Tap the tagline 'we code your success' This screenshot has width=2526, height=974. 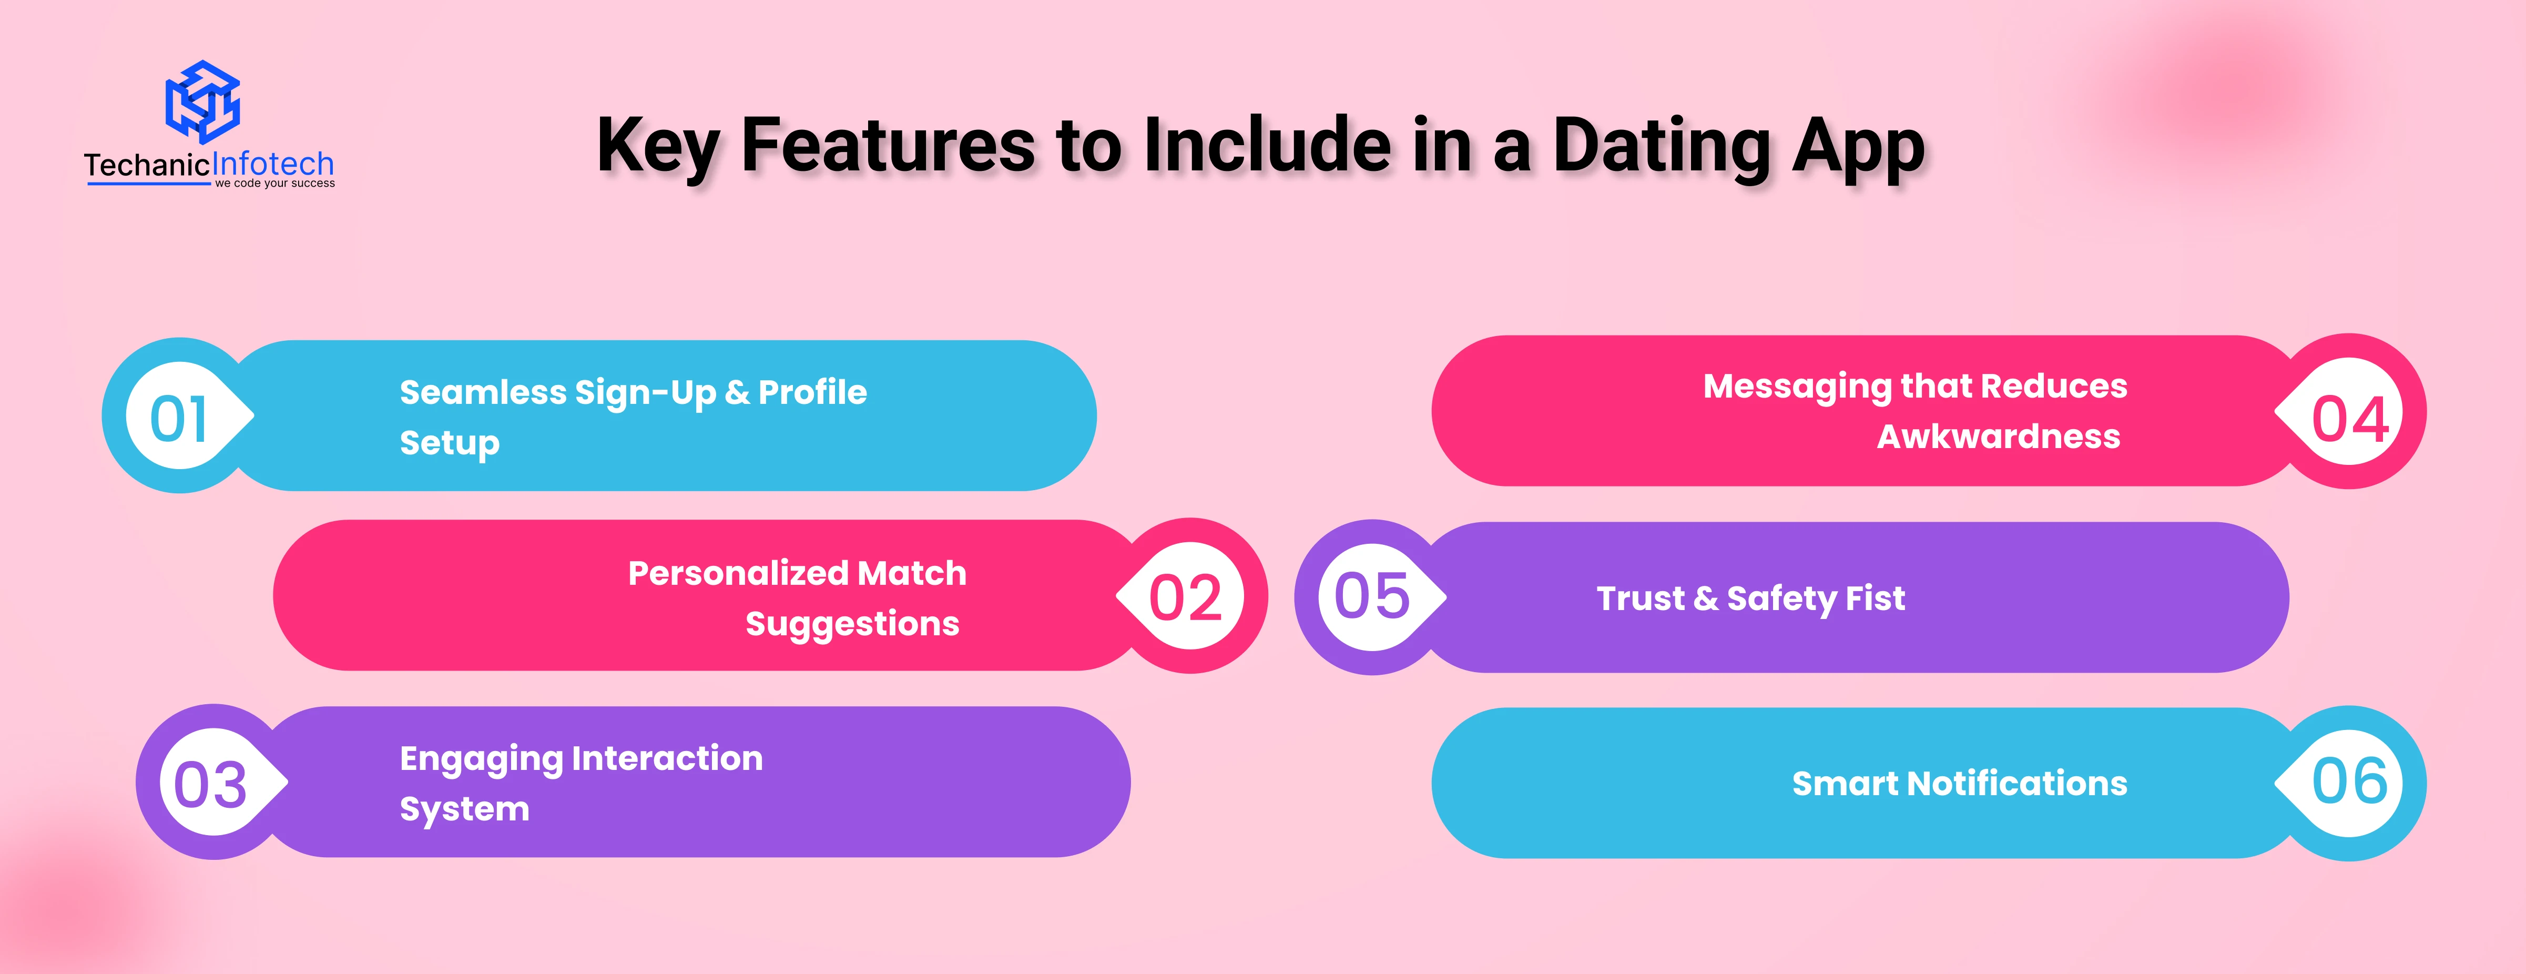[274, 184]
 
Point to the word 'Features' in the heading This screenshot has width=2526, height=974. [888, 145]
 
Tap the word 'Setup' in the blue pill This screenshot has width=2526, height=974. [449, 443]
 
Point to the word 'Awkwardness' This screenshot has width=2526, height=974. [1999, 437]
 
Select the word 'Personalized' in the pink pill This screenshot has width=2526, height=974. [737, 573]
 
